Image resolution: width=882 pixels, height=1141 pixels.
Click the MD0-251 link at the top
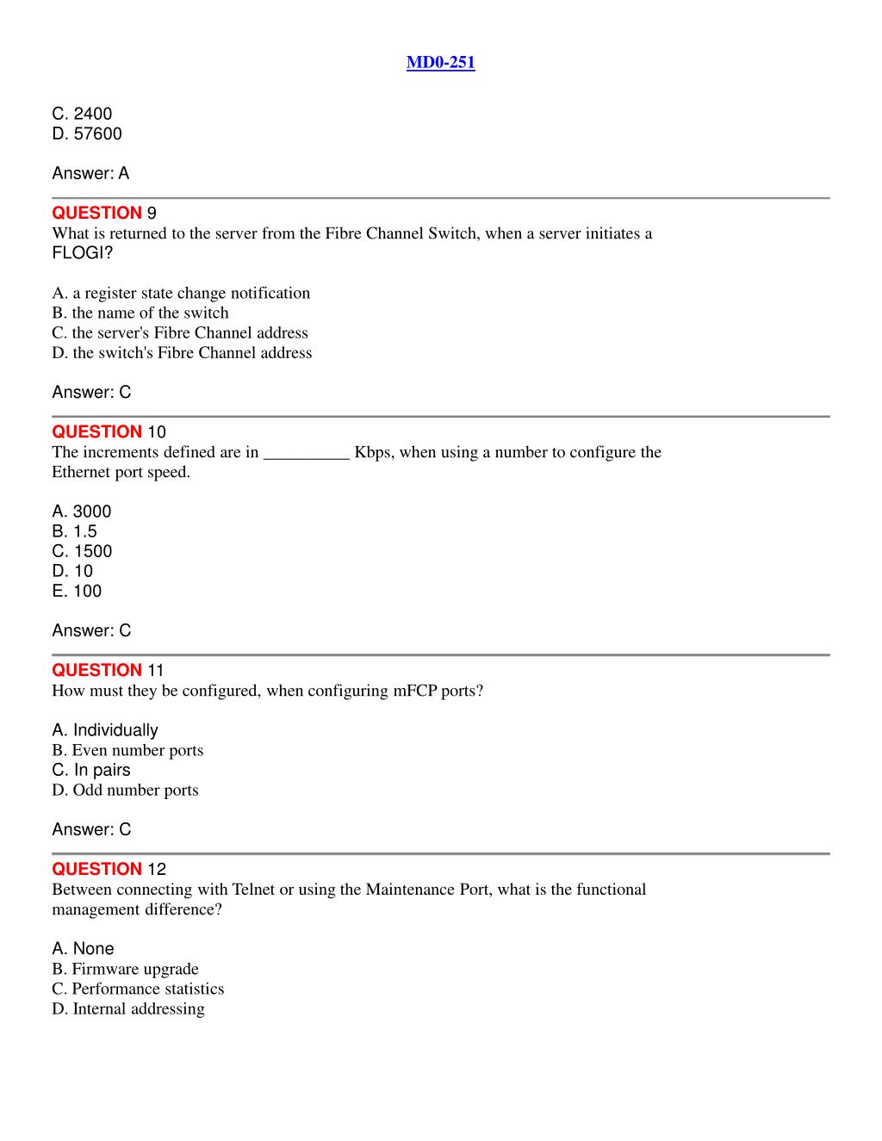pos(440,62)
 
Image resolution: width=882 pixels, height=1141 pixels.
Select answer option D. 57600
pos(87,133)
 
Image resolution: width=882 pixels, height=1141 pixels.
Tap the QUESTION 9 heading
pos(103,213)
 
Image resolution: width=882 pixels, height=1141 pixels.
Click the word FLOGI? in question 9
pos(82,253)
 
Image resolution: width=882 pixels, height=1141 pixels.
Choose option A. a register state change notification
pos(181,293)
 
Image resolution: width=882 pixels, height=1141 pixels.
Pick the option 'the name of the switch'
pos(140,313)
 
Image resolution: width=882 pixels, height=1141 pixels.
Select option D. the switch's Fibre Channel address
pos(182,352)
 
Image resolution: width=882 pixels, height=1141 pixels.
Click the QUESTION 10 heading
pos(109,431)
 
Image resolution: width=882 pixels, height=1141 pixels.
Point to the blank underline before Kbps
pos(306,453)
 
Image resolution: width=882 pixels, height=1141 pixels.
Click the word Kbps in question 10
pos(372,452)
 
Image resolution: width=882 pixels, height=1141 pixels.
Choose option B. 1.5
pos(74,531)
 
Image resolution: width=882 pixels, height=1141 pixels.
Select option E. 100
pos(77,591)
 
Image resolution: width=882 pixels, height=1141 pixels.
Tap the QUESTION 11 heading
pos(108,670)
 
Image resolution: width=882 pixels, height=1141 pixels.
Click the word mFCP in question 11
pos(414,691)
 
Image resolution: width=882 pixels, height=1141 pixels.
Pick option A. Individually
pos(105,730)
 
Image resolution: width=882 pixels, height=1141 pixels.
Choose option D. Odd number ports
pos(125,790)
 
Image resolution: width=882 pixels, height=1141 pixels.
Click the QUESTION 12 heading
pos(109,869)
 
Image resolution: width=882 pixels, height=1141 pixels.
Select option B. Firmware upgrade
pos(125,969)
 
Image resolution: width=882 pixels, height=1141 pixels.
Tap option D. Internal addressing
pos(128,1008)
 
